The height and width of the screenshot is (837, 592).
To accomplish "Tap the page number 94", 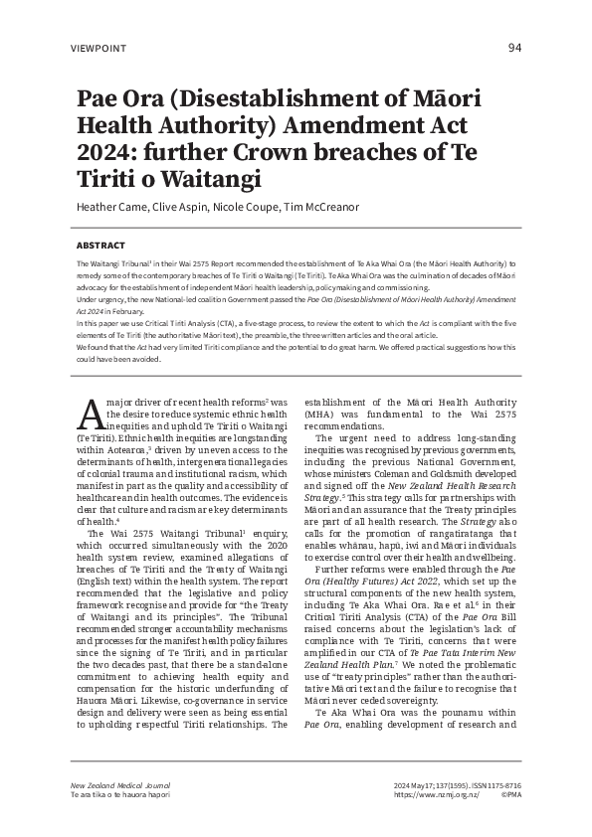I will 514,48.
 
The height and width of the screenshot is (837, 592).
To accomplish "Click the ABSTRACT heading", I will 101,245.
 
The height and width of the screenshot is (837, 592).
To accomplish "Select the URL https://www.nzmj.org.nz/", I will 438,795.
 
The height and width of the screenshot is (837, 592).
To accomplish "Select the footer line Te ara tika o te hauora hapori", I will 120,795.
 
